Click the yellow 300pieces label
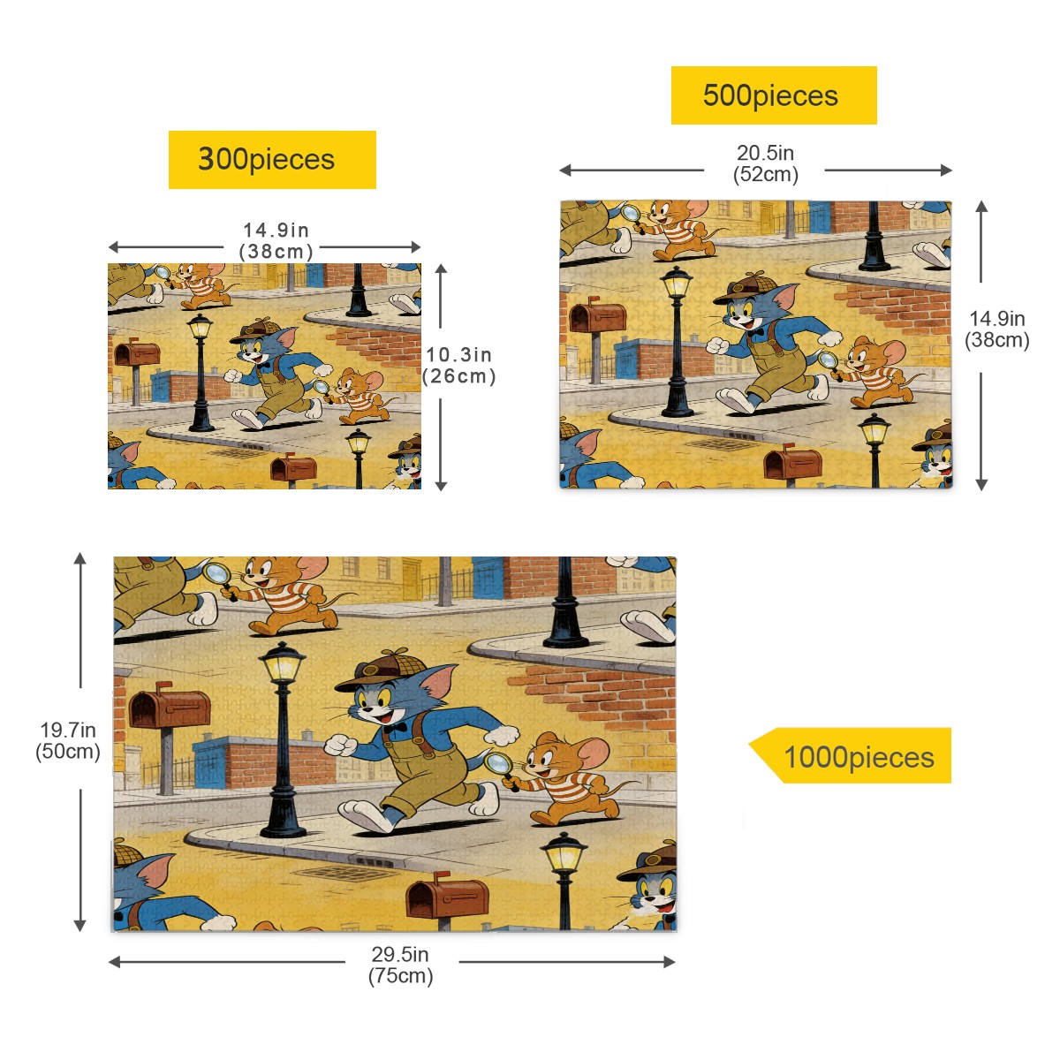pyautogui.click(x=272, y=160)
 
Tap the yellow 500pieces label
pyautogui.click(x=773, y=95)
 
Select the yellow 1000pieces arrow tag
pyautogui.click(x=852, y=756)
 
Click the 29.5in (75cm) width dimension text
pyautogui.click(x=400, y=965)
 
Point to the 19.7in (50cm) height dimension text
pyautogui.click(x=68, y=740)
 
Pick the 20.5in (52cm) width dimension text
pyautogui.click(x=765, y=163)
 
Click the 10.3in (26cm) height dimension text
pyautogui.click(x=458, y=365)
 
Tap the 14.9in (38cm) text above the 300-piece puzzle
pyautogui.click(x=276, y=240)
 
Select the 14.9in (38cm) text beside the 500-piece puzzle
pyautogui.click(x=997, y=329)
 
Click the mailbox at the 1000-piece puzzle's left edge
pyautogui.click(x=168, y=708)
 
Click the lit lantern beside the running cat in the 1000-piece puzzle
pyautogui.click(x=282, y=663)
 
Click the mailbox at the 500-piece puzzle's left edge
pyautogui.click(x=598, y=316)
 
